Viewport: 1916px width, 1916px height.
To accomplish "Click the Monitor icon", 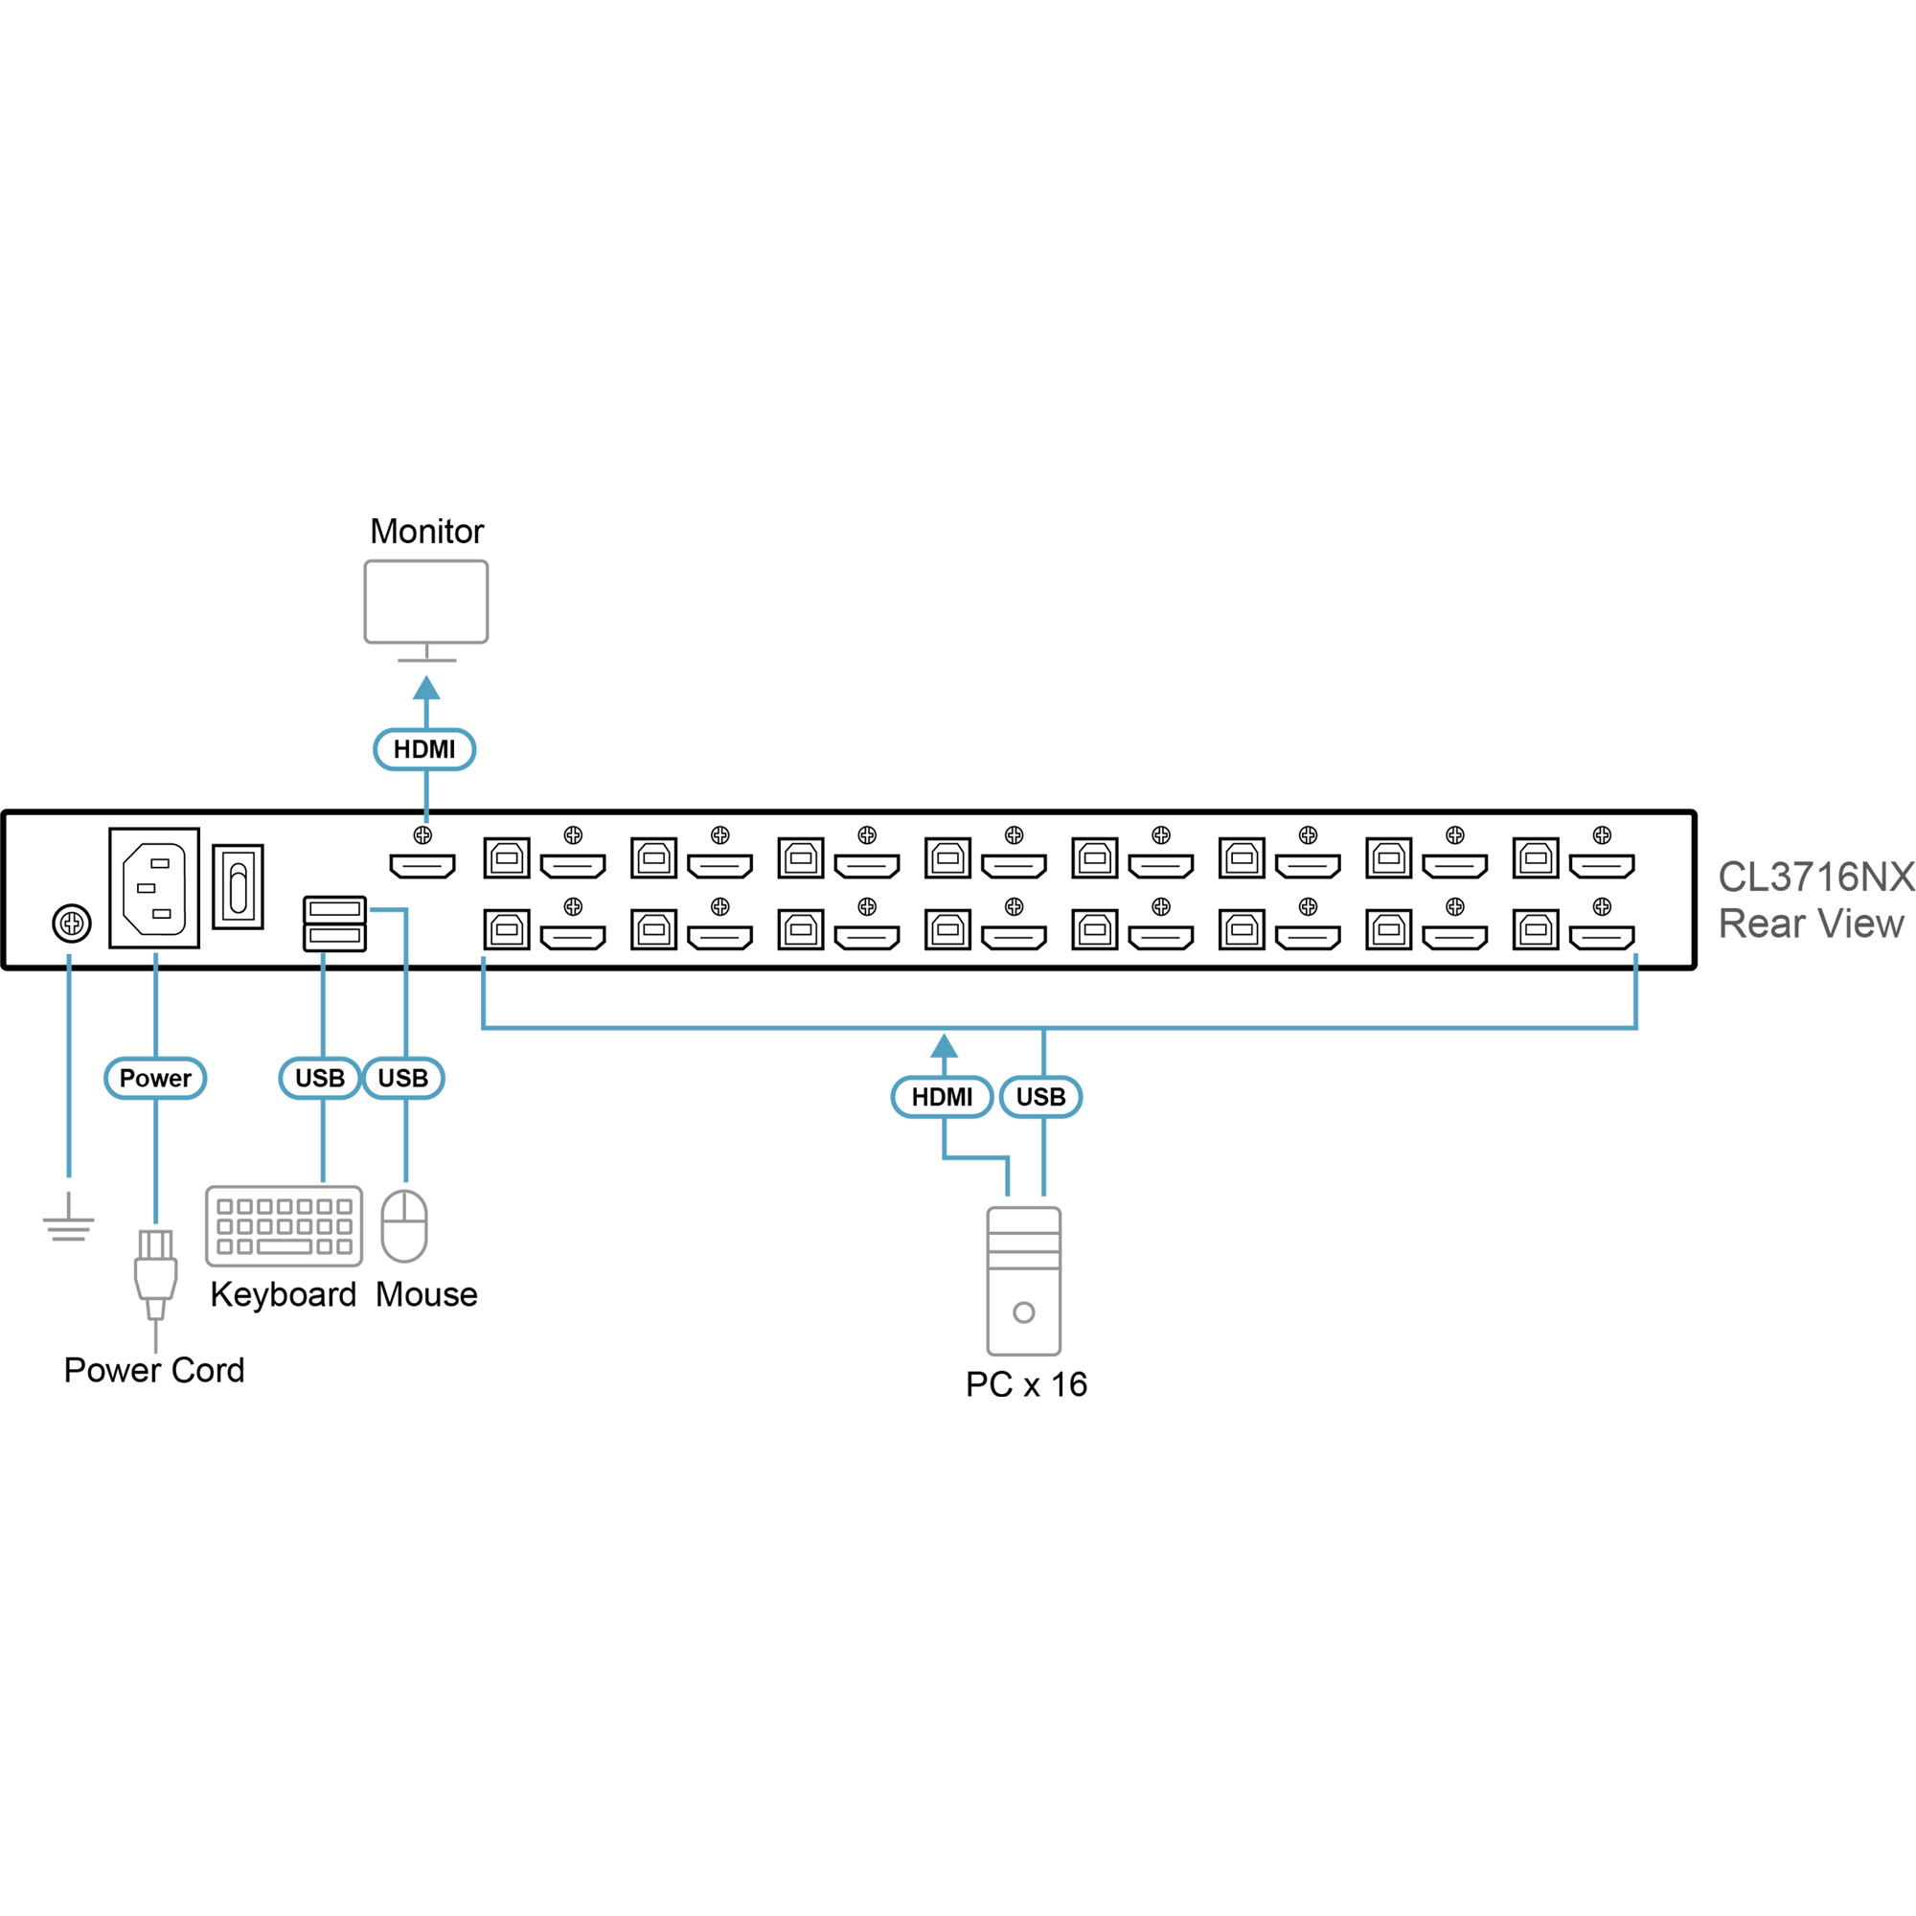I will tap(426, 603).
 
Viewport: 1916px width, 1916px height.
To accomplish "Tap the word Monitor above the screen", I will tap(426, 532).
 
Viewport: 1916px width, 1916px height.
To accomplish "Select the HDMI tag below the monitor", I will tap(424, 750).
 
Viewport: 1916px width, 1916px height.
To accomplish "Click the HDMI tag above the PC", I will tap(942, 1097).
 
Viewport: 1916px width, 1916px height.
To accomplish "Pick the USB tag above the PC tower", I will tap(1040, 1097).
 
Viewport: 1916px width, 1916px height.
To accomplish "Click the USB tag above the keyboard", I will tap(319, 1078).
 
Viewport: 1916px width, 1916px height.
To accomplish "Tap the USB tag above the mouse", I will tap(402, 1078).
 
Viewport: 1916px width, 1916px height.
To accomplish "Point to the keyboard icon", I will tap(285, 1226).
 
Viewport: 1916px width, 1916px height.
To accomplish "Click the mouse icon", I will tap(404, 1226).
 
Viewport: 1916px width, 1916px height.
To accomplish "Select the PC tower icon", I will tap(1023, 1280).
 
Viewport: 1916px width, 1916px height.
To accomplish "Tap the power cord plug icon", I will tap(156, 1274).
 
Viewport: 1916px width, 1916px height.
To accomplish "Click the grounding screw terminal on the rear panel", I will tap(72, 924).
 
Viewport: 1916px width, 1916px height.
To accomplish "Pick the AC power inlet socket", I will tap(153, 889).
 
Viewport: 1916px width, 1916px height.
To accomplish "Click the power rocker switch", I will tap(238, 886).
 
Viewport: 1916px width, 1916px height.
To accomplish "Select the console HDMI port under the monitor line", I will tap(422, 866).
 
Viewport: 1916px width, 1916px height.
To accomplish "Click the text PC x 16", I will tap(1026, 1384).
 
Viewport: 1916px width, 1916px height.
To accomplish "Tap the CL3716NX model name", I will tap(1815, 877).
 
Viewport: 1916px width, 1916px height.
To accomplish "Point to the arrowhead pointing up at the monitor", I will tap(426, 688).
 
